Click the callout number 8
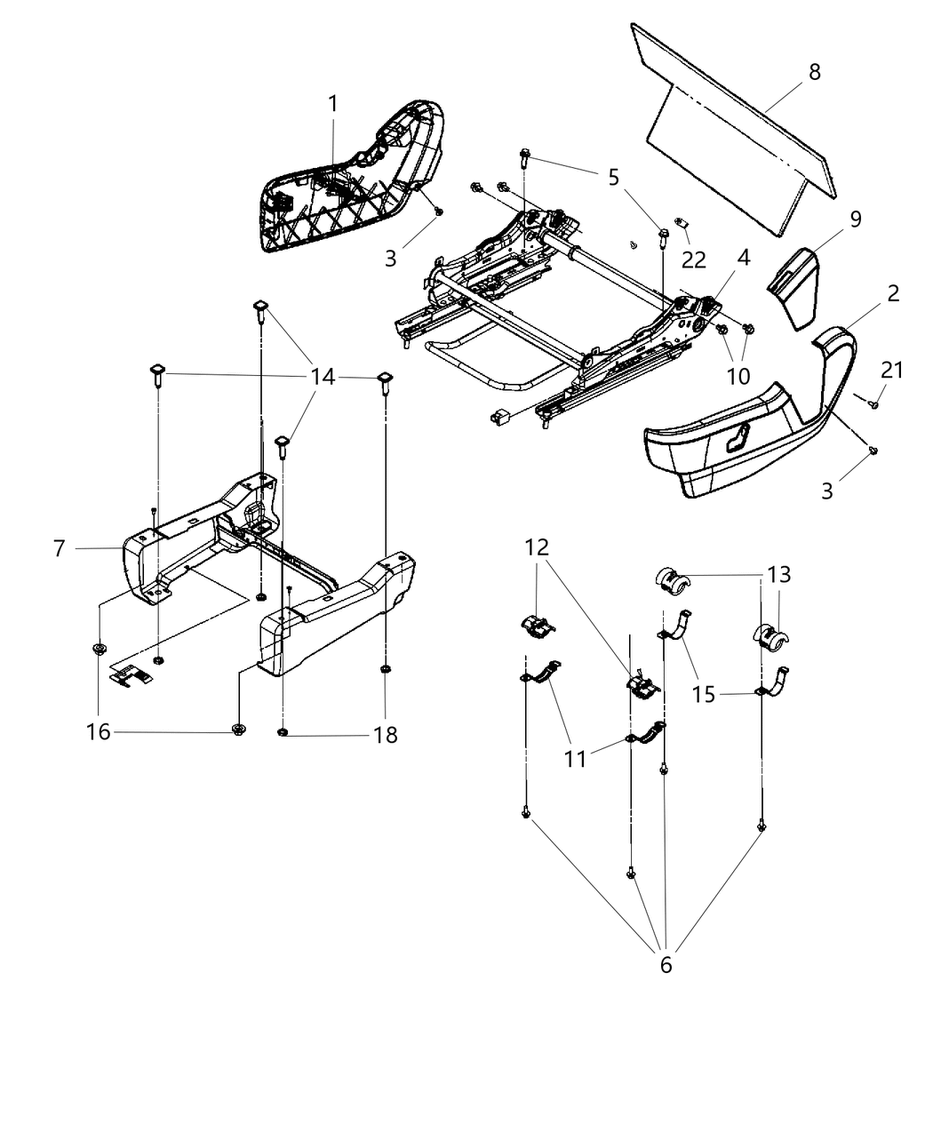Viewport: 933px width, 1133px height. tap(814, 72)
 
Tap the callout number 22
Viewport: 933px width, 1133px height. tap(694, 259)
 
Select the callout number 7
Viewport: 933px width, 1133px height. tap(60, 548)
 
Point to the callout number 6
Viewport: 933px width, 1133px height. tap(666, 964)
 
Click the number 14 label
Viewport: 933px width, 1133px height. tap(323, 377)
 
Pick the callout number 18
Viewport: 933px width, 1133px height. tap(386, 735)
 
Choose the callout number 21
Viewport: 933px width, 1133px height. tap(891, 371)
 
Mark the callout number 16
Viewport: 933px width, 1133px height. tap(99, 731)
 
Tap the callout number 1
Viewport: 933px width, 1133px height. tap(333, 104)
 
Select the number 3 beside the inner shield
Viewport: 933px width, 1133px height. tap(391, 259)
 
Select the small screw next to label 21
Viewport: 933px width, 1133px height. tap(873, 404)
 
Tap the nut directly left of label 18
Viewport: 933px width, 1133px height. tap(282, 732)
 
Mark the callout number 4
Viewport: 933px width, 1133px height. tap(743, 258)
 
